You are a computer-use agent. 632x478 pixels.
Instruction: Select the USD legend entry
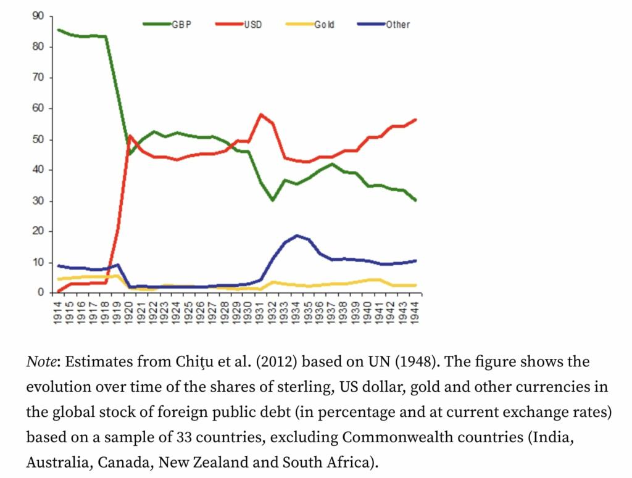(x=252, y=25)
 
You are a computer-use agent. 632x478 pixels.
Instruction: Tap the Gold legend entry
(x=324, y=25)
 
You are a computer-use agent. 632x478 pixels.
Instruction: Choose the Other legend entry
(x=397, y=25)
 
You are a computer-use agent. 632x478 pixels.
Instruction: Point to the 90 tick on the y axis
(x=38, y=17)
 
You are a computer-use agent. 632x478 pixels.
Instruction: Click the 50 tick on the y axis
(x=38, y=139)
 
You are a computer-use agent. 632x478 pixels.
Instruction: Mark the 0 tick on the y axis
(x=41, y=292)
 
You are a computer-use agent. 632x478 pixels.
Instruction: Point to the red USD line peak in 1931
(x=261, y=115)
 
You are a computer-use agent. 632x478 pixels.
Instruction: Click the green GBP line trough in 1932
(x=273, y=200)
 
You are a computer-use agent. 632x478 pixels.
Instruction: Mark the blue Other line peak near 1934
(x=297, y=236)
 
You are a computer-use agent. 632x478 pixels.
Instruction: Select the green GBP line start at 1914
(x=58, y=30)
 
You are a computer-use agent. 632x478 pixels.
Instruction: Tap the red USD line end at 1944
(x=415, y=120)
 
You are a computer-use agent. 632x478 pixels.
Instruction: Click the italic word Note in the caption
(x=43, y=361)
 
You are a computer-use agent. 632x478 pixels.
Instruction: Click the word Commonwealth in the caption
(x=391, y=437)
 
